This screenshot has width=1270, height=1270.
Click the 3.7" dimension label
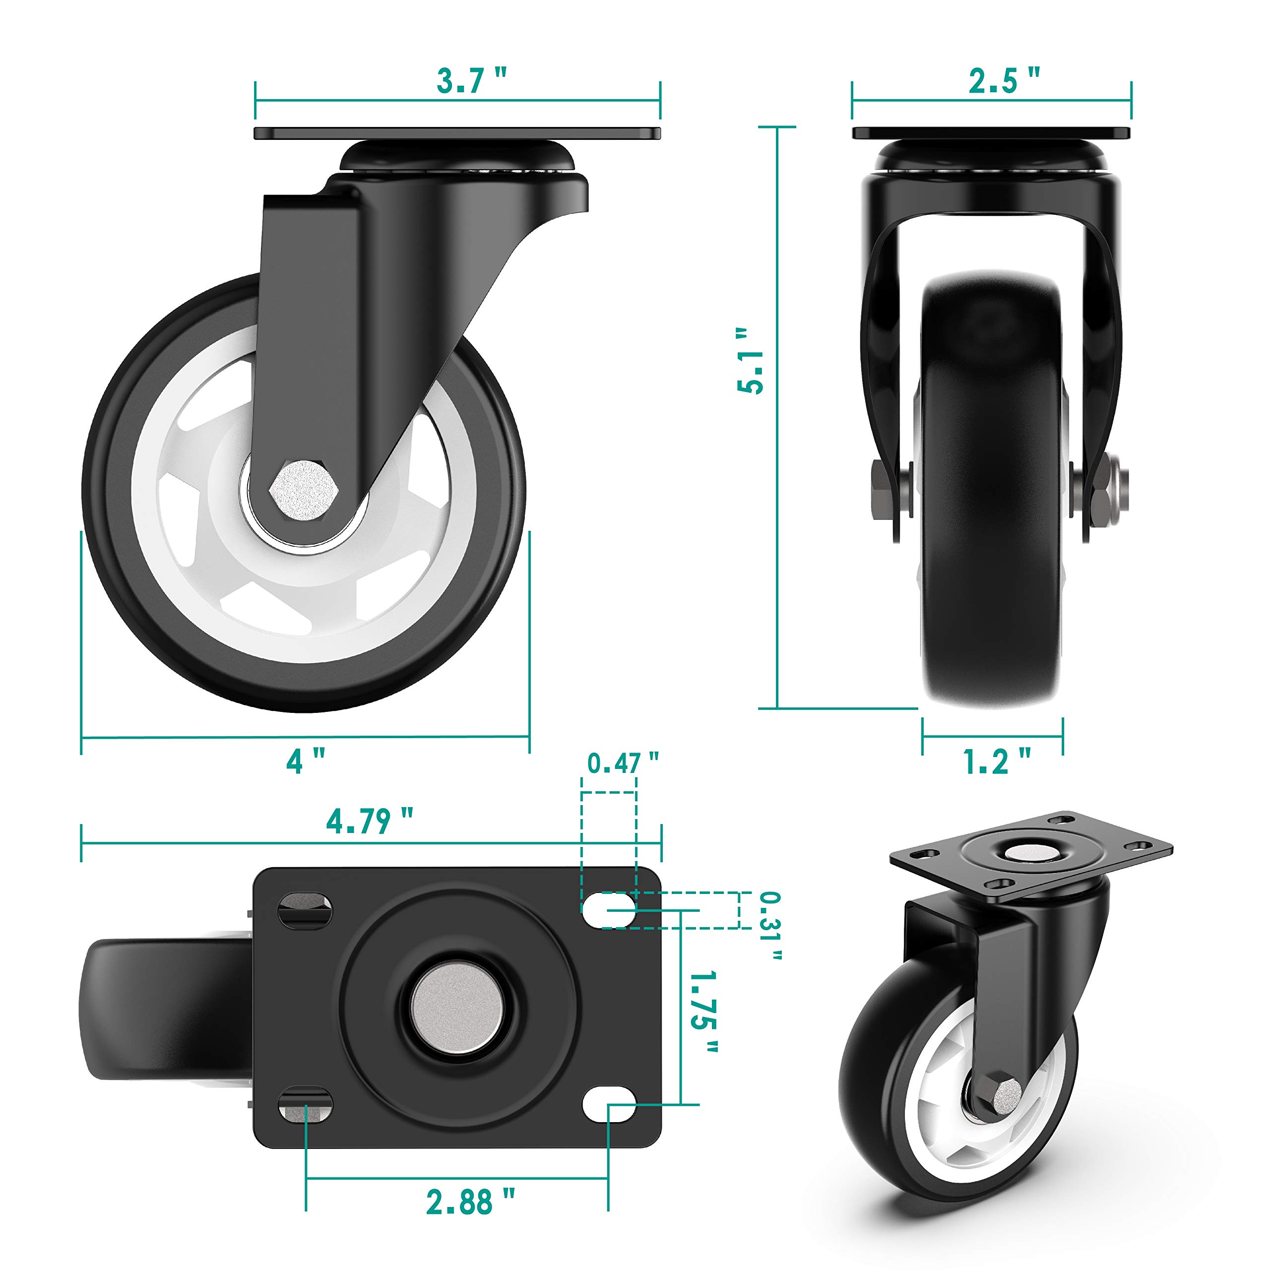point(471,81)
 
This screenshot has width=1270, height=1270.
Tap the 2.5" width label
point(1003,81)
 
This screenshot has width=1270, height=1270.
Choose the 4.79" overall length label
point(370,821)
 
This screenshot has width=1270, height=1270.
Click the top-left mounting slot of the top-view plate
point(306,911)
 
